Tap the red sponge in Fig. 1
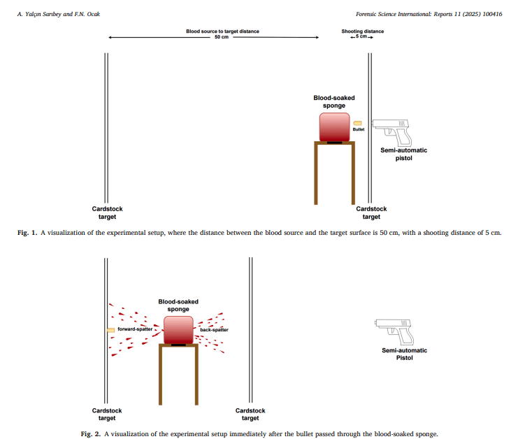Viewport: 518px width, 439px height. tap(334, 127)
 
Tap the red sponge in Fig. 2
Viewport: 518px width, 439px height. tap(178, 329)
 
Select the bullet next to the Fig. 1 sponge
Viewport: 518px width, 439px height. tap(358, 122)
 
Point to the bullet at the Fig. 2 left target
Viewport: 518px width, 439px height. tap(110, 329)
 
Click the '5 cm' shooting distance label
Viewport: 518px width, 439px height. tap(362, 38)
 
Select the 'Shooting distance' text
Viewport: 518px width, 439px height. tap(362, 31)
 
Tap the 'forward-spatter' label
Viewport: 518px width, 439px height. tap(135, 329)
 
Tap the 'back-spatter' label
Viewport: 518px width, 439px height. tap(214, 329)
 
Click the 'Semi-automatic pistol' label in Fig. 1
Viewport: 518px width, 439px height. tap(403, 154)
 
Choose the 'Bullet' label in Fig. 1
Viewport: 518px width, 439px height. tap(358, 129)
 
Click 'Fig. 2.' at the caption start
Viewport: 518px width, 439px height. tap(91, 434)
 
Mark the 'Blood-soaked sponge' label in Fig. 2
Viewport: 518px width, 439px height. tap(178, 305)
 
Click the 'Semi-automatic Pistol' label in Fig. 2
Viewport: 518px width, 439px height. tap(404, 354)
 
